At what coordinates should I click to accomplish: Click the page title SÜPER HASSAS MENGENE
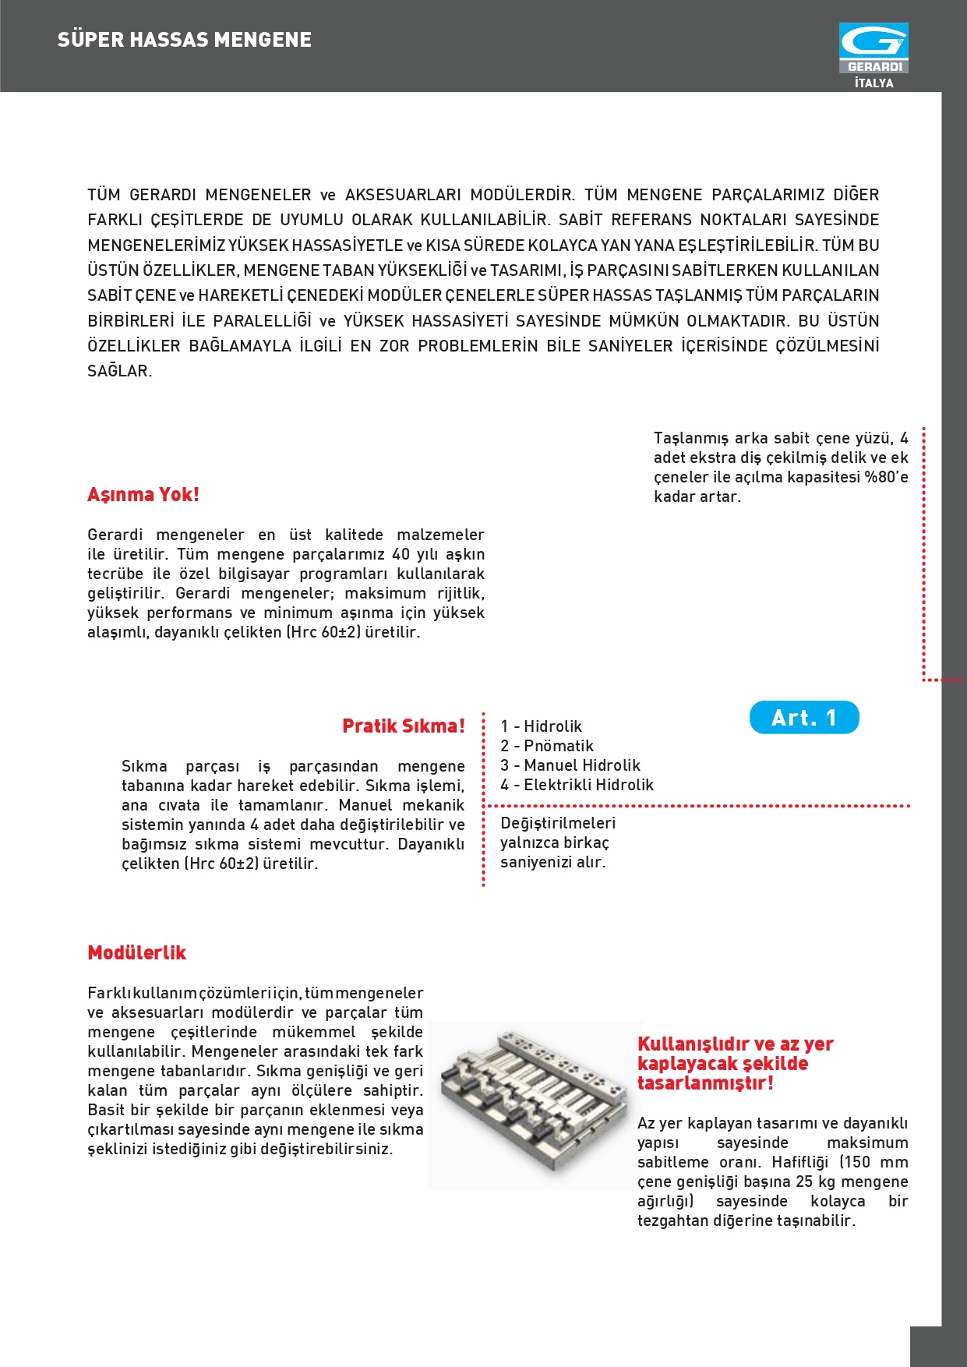(185, 40)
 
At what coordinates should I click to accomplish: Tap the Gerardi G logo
(873, 42)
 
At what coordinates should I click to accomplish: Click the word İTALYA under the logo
(873, 83)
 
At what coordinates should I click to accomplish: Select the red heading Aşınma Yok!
(143, 495)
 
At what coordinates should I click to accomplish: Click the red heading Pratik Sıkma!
(403, 726)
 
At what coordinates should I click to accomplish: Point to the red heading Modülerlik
(137, 953)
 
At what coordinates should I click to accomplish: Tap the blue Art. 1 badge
(804, 718)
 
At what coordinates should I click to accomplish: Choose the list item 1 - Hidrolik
(541, 726)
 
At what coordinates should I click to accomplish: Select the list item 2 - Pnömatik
(546, 746)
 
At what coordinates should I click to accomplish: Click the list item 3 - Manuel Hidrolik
(570, 765)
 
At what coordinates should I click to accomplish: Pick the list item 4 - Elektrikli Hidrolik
(577, 785)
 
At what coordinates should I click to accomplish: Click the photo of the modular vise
(534, 1105)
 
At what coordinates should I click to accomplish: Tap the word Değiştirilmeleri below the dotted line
(558, 823)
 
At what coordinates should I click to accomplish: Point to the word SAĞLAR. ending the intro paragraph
(119, 371)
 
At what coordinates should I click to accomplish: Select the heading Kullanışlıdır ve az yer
(735, 1044)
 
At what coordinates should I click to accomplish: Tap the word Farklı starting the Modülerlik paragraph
(109, 993)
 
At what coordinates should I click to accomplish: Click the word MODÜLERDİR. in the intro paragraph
(522, 195)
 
